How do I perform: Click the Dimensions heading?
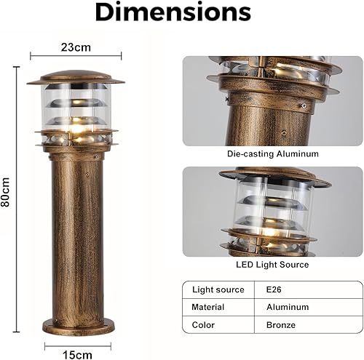pyautogui.click(x=173, y=12)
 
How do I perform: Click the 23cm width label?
pyautogui.click(x=76, y=47)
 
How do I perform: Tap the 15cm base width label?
pyautogui.click(x=78, y=355)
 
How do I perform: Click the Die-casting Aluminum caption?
pyautogui.click(x=272, y=154)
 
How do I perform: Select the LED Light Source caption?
pyautogui.click(x=272, y=265)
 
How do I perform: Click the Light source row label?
pyautogui.click(x=218, y=289)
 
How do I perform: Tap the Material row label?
pyautogui.click(x=208, y=307)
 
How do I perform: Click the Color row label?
pyautogui.click(x=203, y=324)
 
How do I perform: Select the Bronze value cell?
pyautogui.click(x=280, y=324)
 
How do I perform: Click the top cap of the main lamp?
pyautogui.click(x=76, y=77)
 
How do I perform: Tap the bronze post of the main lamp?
pyautogui.click(x=77, y=233)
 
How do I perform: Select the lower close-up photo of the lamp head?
pyautogui.click(x=272, y=212)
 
